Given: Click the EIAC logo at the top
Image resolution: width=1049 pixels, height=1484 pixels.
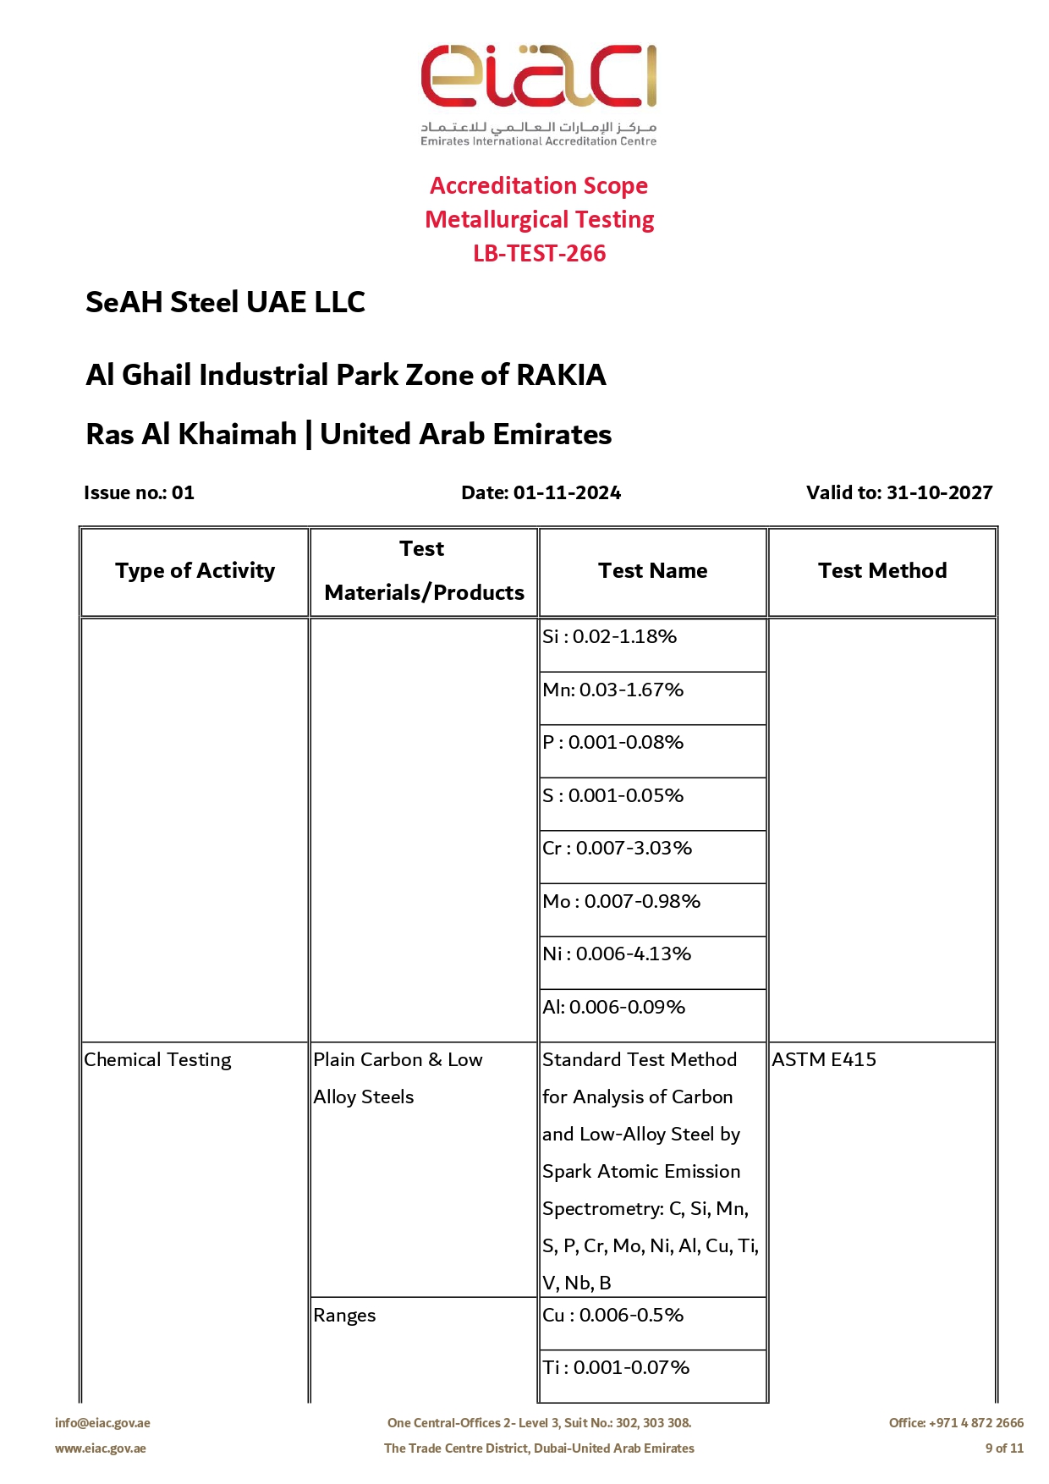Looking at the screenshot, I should coord(539,93).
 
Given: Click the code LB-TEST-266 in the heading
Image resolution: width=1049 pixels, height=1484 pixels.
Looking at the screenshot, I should coord(539,253).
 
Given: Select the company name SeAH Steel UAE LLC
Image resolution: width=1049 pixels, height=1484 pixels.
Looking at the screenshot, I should coord(225,302).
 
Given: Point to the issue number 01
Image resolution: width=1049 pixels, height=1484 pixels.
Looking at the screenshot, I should coord(183,492).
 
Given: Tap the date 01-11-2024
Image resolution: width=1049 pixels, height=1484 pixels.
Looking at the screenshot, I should coord(567,492).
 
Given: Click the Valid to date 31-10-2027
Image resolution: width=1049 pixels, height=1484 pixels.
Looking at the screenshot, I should coord(939,492).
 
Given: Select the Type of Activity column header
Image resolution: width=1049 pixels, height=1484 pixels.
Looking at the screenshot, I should coord(195,571).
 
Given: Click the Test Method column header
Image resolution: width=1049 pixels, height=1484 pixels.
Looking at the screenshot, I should coord(881,571).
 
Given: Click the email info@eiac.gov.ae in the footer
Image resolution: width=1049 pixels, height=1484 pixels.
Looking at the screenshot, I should coord(102,1423).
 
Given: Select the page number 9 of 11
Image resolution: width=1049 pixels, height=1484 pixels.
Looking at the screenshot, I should coord(1004,1448).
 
